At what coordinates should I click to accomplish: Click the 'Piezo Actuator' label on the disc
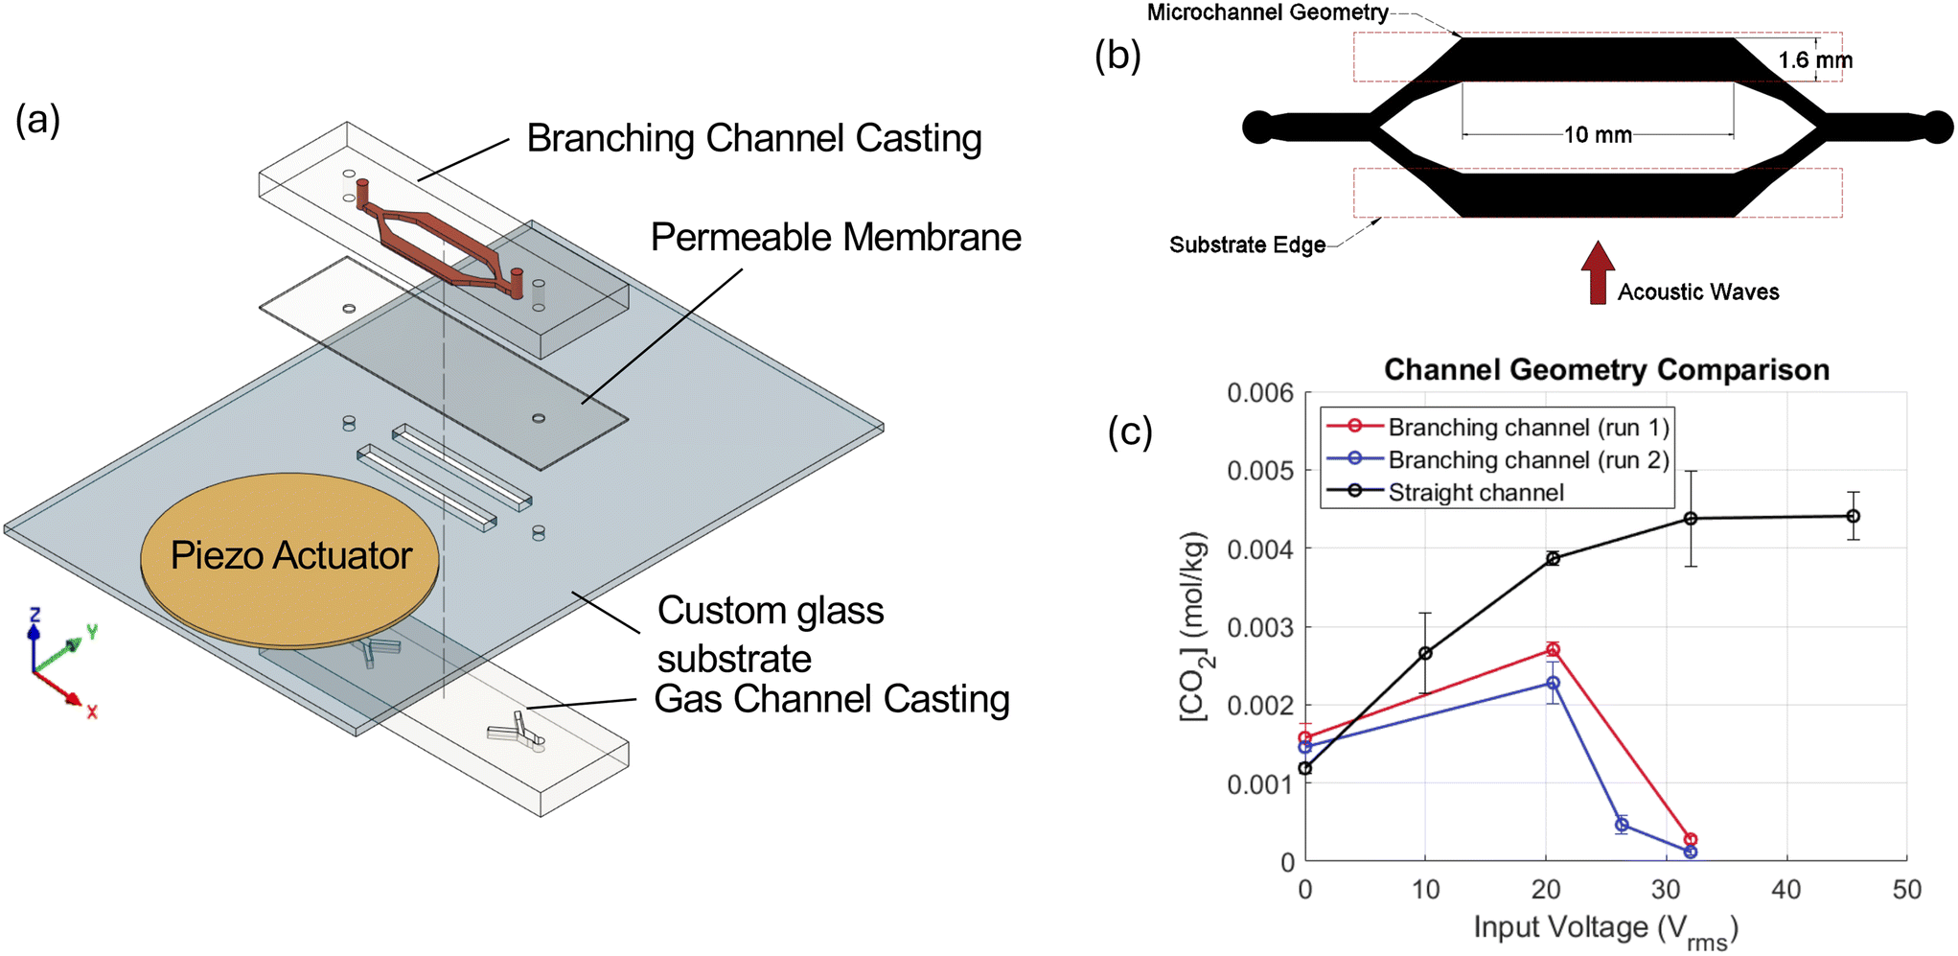[x=291, y=556]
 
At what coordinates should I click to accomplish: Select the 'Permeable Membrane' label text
[x=836, y=238]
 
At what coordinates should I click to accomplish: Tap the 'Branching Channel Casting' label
[x=754, y=139]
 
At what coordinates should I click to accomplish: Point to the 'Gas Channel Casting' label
[x=832, y=700]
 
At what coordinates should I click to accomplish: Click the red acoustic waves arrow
[x=1598, y=272]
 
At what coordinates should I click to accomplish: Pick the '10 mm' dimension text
[x=1598, y=135]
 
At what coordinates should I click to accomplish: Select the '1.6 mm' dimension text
[x=1815, y=60]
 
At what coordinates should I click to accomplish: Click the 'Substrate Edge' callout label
[x=1247, y=245]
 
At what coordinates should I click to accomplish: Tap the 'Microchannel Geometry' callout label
[x=1267, y=12]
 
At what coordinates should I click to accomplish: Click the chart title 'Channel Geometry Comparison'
[x=1606, y=370]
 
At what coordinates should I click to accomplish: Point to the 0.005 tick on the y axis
[x=1260, y=471]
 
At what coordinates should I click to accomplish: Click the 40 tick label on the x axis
[x=1786, y=890]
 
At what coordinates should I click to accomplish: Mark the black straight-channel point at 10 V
[x=1425, y=653]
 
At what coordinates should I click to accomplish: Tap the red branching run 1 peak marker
[x=1553, y=650]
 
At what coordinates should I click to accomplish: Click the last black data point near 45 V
[x=1854, y=516]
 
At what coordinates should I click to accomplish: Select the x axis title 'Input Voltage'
[x=1560, y=927]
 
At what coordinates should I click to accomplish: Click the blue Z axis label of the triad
[x=35, y=615]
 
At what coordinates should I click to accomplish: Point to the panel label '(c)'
[x=1130, y=431]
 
